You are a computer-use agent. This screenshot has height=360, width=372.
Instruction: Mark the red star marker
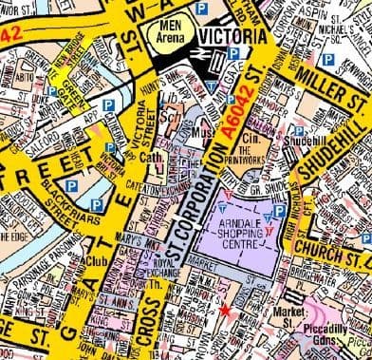[225, 310]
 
